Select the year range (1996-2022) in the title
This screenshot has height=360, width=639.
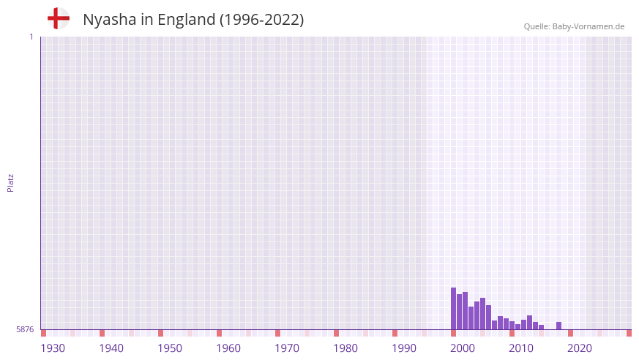click(x=261, y=20)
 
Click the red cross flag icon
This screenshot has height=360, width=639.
click(x=58, y=18)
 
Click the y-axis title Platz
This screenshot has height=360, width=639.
click(x=10, y=182)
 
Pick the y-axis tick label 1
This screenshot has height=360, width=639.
click(x=31, y=37)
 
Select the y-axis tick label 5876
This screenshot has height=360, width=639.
click(x=25, y=329)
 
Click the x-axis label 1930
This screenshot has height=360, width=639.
click(x=53, y=348)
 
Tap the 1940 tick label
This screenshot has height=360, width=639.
click(x=111, y=348)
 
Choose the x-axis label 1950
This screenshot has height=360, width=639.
click(x=170, y=348)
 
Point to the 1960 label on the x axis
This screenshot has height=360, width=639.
click(x=228, y=348)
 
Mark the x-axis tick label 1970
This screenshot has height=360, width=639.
click(x=287, y=348)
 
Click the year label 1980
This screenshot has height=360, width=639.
click(x=345, y=348)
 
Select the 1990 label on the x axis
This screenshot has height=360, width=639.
click(x=404, y=348)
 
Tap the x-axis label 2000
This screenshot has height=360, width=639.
click(x=463, y=348)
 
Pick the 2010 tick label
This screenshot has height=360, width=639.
click(x=521, y=348)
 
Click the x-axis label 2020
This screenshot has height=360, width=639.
click(x=580, y=348)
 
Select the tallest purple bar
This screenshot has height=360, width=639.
click(x=453, y=308)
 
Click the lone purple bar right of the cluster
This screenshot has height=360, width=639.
click(x=558, y=326)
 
